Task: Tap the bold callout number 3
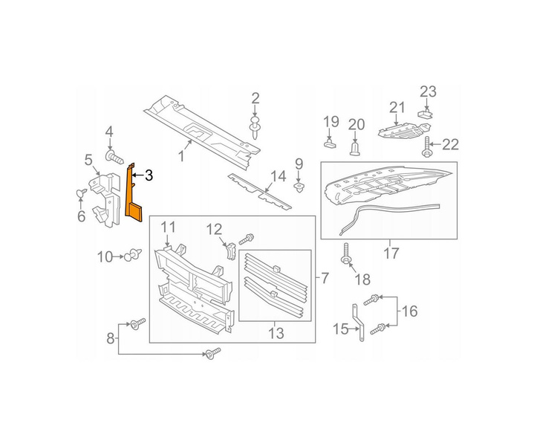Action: pyautogui.click(x=149, y=176)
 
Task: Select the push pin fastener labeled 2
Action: pyautogui.click(x=256, y=128)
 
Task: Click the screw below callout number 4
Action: pyautogui.click(x=114, y=158)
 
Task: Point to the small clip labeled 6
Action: pyautogui.click(x=81, y=193)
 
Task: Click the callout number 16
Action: pyautogui.click(x=409, y=311)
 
